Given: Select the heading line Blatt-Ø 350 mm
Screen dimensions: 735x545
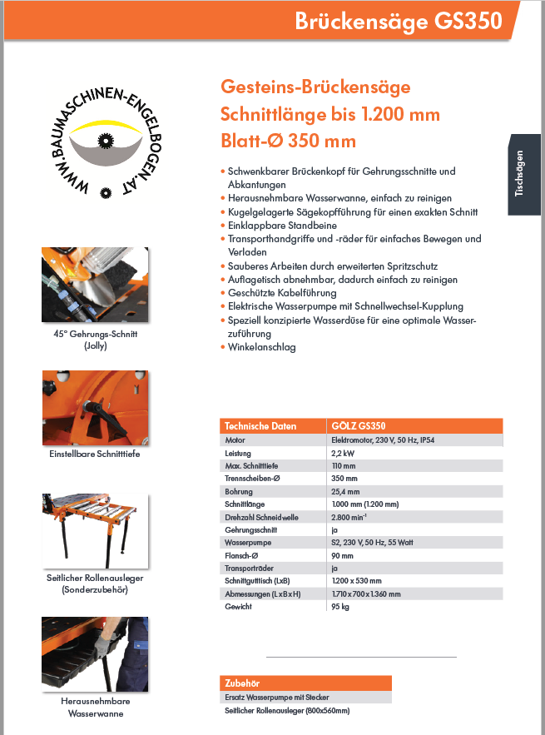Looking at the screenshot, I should click(288, 140).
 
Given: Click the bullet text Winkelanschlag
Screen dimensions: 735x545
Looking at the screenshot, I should click(262, 347).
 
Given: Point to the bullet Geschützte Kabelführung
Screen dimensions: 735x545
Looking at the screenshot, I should click(282, 293).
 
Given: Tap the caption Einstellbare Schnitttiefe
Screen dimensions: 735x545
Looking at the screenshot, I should click(95, 454).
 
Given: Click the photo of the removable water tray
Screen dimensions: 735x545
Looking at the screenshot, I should click(95, 654).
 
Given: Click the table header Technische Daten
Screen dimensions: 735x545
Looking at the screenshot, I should click(260, 426).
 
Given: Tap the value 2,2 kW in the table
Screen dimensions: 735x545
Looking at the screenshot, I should click(343, 453).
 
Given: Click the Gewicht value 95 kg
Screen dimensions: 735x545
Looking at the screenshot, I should click(339, 607).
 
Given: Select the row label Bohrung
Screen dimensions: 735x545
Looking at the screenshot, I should click(239, 491).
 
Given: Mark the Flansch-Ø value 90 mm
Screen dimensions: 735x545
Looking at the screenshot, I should click(341, 555).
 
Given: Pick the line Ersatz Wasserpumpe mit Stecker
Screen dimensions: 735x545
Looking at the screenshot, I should click(276, 697).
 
